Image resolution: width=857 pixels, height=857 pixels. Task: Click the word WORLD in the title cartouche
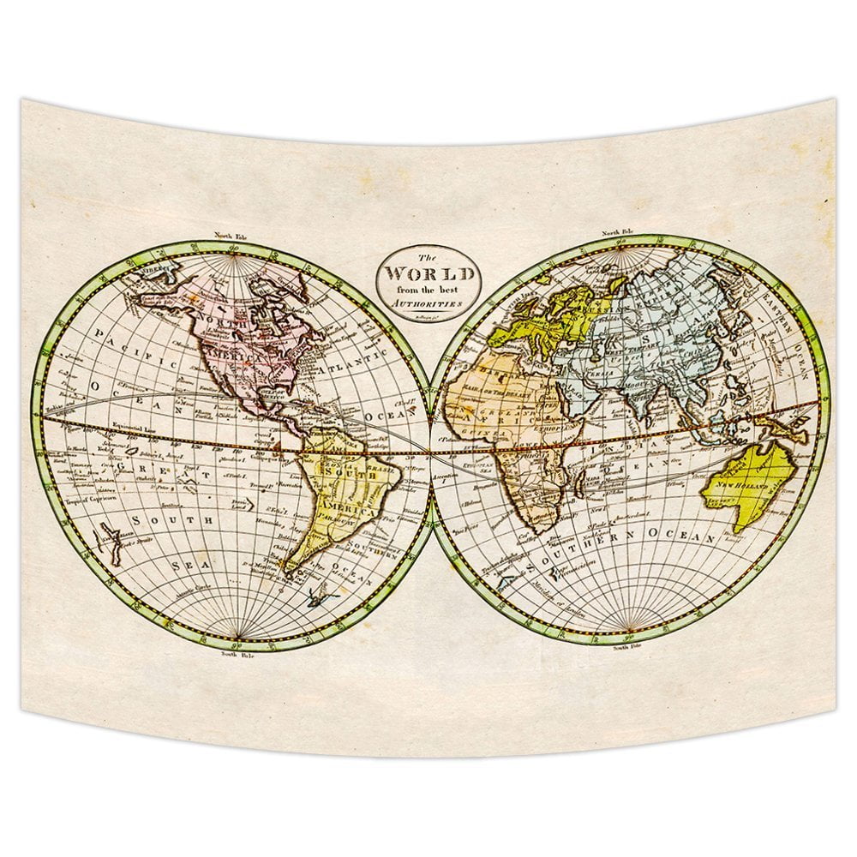(429, 274)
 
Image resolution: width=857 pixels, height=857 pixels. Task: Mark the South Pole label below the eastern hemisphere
(625, 649)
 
